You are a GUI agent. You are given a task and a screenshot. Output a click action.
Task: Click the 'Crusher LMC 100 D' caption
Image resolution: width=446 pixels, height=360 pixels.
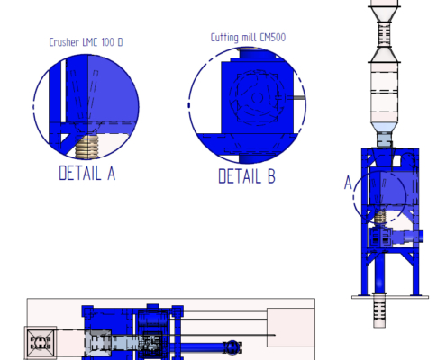pyautogui.click(x=86, y=42)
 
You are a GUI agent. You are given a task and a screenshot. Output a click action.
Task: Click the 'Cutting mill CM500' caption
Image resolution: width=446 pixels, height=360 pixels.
pyautogui.click(x=248, y=38)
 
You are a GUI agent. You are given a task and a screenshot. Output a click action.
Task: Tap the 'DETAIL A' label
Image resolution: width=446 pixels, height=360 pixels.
pyautogui.click(x=87, y=173)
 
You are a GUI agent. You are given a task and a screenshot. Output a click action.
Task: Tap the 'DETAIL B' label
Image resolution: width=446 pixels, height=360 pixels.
pyautogui.click(x=247, y=176)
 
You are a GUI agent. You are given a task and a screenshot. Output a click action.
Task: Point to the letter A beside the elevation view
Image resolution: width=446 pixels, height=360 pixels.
pyautogui.click(x=348, y=183)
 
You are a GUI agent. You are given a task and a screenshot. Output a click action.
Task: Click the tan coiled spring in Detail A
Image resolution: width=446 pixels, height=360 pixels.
pyautogui.click(x=86, y=147)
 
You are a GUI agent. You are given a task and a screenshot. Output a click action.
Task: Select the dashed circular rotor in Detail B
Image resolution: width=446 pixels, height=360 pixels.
pyautogui.click(x=256, y=97)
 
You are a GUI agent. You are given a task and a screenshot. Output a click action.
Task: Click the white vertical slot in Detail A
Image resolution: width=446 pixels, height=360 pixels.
pyautogui.click(x=63, y=91)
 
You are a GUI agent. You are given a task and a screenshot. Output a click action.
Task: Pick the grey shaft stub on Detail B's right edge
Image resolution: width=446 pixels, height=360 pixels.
pyautogui.click(x=295, y=97)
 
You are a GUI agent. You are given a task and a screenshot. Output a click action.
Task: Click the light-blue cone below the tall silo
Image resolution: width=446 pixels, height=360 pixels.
pyautogui.click(x=384, y=128)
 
